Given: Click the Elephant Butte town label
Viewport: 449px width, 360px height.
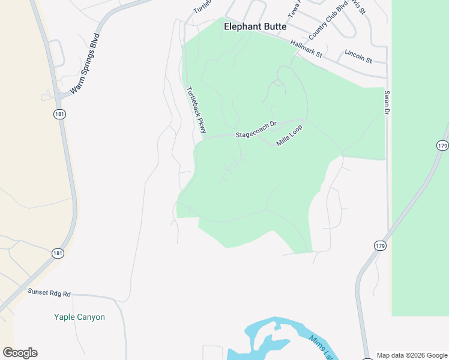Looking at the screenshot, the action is click(255, 27).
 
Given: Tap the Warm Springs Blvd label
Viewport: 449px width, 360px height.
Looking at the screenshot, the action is click(85, 64).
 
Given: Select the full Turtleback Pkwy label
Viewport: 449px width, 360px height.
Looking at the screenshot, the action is click(196, 110).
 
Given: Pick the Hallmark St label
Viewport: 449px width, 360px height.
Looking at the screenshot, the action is click(306, 49).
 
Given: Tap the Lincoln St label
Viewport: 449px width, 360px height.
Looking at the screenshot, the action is click(358, 57).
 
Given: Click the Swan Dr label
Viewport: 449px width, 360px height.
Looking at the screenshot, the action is click(387, 103).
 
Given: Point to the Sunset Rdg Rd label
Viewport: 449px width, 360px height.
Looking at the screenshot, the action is click(49, 293).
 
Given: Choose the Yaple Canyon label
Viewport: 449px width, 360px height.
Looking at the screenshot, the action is click(79, 317).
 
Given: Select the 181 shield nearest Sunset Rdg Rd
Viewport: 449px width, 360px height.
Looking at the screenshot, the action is click(57, 254).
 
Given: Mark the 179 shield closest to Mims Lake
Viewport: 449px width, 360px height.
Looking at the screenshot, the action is click(380, 246).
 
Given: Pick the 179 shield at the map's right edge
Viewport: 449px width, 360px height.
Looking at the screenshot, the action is click(442, 146).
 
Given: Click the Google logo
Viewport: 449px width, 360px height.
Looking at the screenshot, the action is click(20, 352).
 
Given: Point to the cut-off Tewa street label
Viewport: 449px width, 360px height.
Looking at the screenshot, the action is click(293, 8).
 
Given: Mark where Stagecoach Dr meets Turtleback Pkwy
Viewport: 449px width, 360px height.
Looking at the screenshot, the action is click(204, 137).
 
